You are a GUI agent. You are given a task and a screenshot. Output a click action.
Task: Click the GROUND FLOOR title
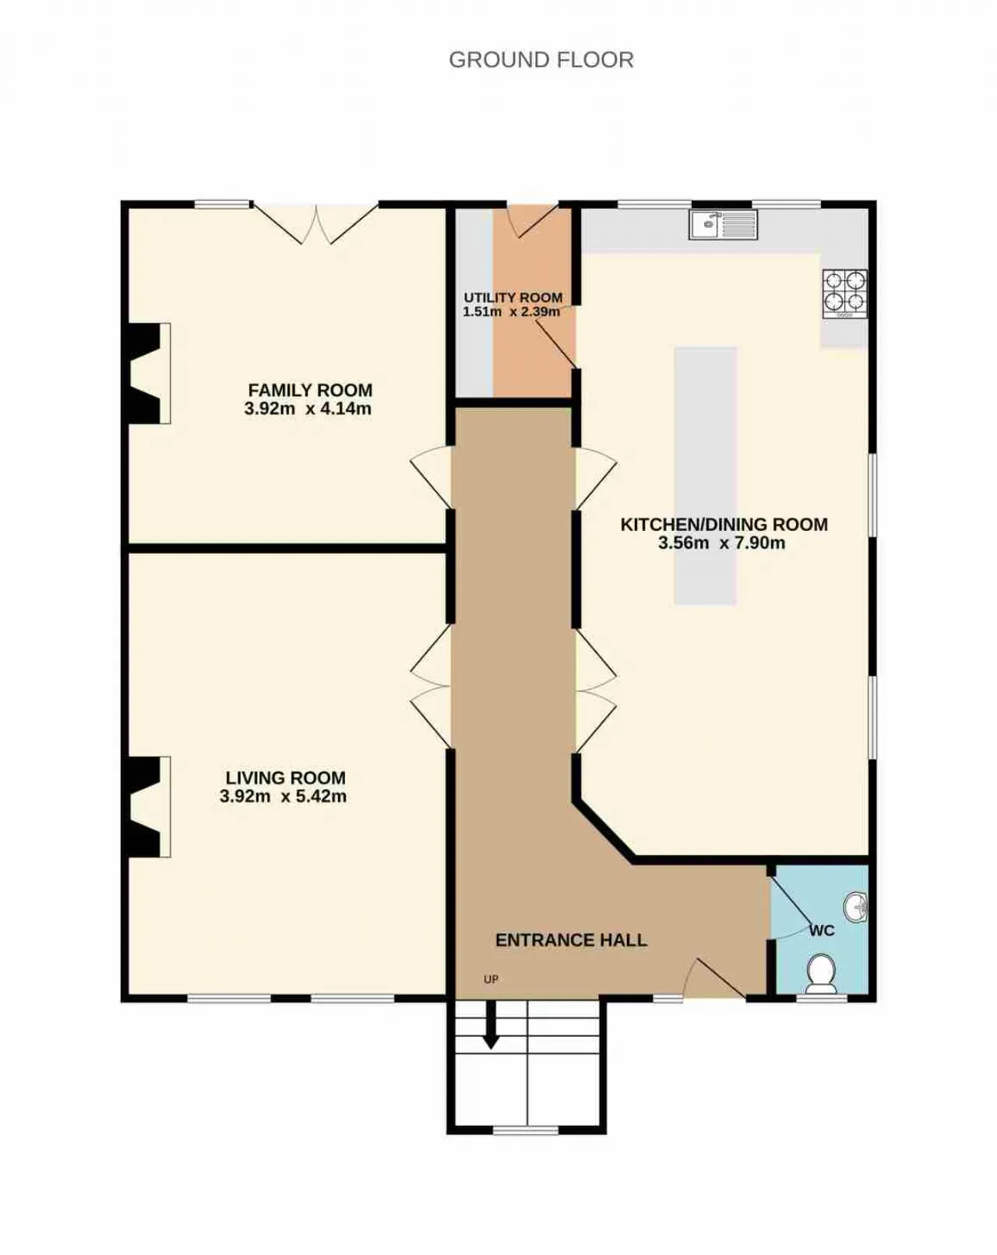pyautogui.click(x=541, y=59)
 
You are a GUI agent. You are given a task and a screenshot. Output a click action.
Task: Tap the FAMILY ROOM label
pyautogui.click(x=310, y=389)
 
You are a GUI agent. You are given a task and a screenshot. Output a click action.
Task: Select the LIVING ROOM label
pyautogui.click(x=285, y=778)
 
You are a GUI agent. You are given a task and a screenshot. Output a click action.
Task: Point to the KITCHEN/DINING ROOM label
pyautogui.click(x=724, y=524)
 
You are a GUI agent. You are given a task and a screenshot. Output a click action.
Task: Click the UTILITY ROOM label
pyautogui.click(x=513, y=297)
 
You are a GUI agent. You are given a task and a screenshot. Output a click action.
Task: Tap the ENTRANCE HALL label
pyautogui.click(x=570, y=940)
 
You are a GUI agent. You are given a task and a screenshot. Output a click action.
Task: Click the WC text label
pyautogui.click(x=822, y=931)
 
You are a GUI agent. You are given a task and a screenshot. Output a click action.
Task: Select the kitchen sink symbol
pyautogui.click(x=723, y=224)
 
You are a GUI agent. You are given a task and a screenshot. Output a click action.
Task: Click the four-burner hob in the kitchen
pyautogui.click(x=844, y=294)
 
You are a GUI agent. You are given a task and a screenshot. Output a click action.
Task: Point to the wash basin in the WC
pyautogui.click(x=856, y=909)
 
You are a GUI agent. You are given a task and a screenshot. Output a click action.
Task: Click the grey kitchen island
pyautogui.click(x=706, y=476)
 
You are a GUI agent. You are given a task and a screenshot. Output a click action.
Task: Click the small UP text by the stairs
pyautogui.click(x=491, y=979)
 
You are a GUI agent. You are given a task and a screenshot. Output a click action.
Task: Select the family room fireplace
pyautogui.click(x=146, y=373)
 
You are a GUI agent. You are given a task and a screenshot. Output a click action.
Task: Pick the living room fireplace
pyautogui.click(x=146, y=807)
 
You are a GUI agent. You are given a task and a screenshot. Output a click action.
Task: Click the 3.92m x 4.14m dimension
pyautogui.click(x=308, y=408)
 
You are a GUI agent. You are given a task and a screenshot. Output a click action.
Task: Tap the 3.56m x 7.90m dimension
pyautogui.click(x=721, y=543)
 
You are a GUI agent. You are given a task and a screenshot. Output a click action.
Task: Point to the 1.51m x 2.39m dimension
pyautogui.click(x=511, y=311)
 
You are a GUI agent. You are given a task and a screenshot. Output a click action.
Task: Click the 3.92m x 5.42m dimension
pyautogui.click(x=283, y=796)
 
